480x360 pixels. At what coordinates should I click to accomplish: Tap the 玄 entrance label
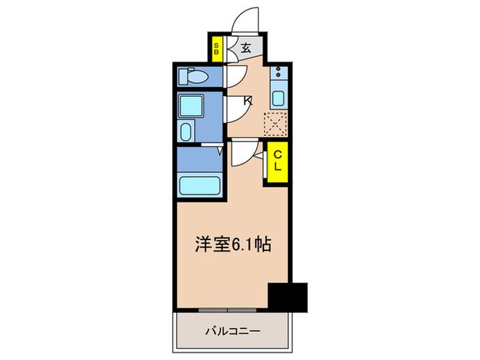(245, 49)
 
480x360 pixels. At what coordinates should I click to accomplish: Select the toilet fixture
(194, 77)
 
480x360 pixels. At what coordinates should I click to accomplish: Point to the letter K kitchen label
(248, 101)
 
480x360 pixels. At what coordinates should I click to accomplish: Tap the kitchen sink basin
(278, 97)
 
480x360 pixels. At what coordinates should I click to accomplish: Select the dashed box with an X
(278, 123)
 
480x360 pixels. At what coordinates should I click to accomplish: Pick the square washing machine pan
(189, 106)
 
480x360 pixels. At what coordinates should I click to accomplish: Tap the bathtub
(199, 185)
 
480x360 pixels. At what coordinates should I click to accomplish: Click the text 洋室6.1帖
(231, 243)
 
